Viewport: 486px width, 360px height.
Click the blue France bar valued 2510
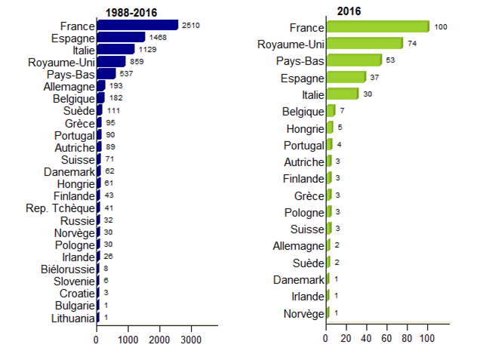point(137,25)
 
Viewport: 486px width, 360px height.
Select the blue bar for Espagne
point(121,37)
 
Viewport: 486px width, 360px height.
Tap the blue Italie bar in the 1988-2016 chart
point(115,49)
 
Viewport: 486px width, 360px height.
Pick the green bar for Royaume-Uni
point(364,43)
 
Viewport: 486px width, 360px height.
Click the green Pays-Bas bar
point(354,60)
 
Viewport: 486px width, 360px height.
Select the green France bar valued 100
point(377,26)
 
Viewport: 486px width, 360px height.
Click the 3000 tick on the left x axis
point(191,340)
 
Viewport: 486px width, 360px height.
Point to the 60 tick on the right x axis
point(387,340)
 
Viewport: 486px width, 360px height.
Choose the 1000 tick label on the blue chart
point(128,340)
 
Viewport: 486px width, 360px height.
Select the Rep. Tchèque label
point(60,208)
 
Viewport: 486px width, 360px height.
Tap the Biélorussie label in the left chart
point(68,269)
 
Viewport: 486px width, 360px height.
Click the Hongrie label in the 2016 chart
point(305,128)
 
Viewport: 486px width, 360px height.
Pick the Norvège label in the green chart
point(303,312)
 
